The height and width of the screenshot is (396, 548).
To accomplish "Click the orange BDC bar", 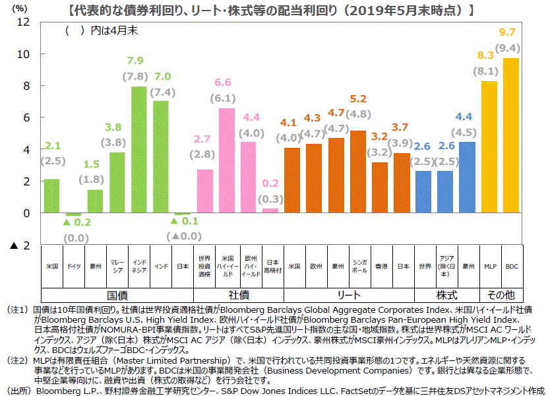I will [x=511, y=135].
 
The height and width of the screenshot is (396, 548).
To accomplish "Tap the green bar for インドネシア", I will [x=139, y=150].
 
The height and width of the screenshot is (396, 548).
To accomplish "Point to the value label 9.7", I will [x=508, y=32].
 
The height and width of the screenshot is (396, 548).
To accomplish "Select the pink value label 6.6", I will [x=223, y=82].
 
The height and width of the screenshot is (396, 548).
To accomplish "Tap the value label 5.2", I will [x=358, y=99].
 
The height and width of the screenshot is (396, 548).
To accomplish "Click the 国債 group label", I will [x=117, y=294].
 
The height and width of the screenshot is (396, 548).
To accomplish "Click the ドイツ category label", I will [x=74, y=266].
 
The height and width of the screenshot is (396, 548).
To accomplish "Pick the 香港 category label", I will [x=381, y=266].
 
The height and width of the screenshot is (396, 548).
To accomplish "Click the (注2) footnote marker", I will [x=16, y=361].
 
